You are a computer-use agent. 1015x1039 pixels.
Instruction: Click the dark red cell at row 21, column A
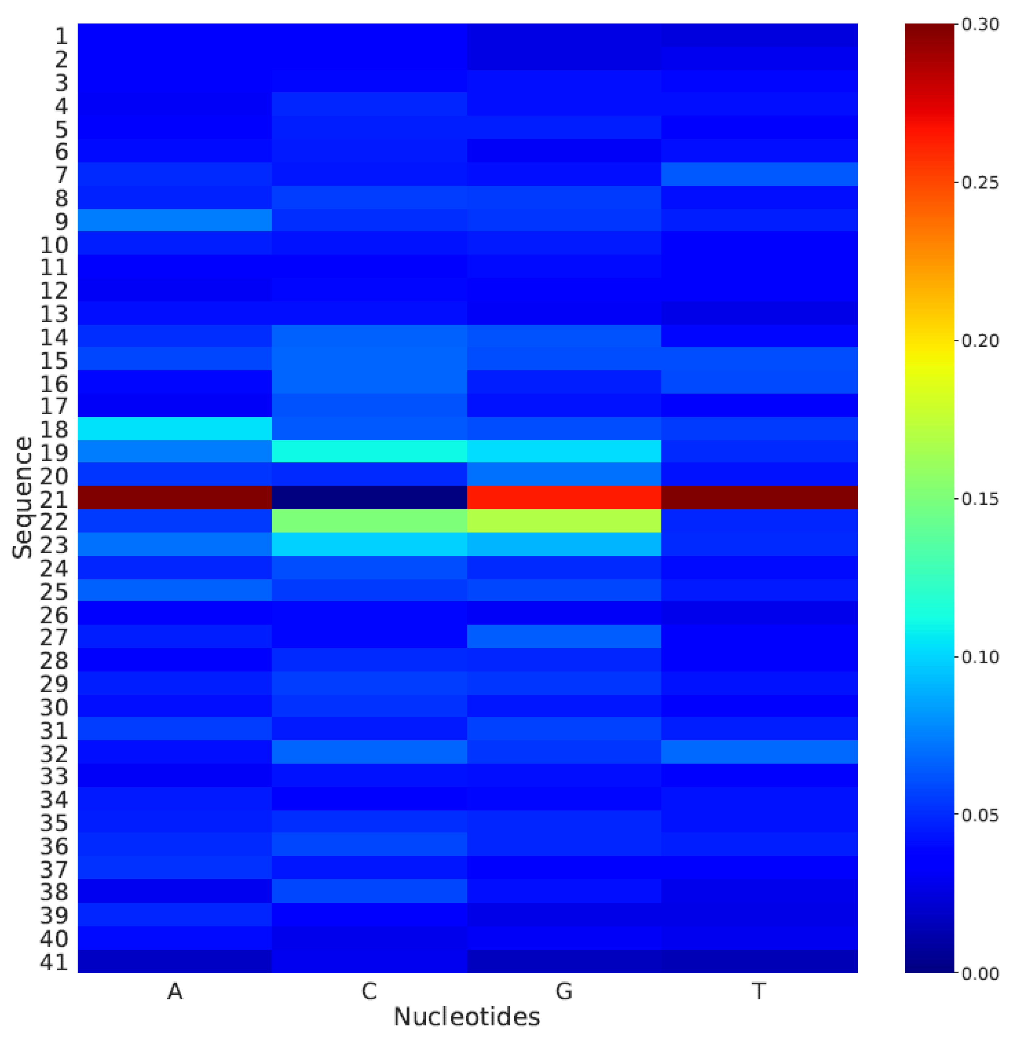(x=175, y=497)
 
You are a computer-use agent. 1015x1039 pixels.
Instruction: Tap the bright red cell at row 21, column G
(x=564, y=497)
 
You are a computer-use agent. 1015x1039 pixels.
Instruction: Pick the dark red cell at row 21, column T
(x=759, y=497)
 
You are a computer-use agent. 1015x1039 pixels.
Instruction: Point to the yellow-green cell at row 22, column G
(x=564, y=520)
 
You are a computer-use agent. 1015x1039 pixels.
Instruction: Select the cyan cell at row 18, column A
(x=175, y=428)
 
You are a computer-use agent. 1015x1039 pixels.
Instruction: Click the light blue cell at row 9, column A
(x=175, y=220)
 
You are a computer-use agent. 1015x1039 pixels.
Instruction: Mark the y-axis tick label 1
(x=61, y=36)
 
